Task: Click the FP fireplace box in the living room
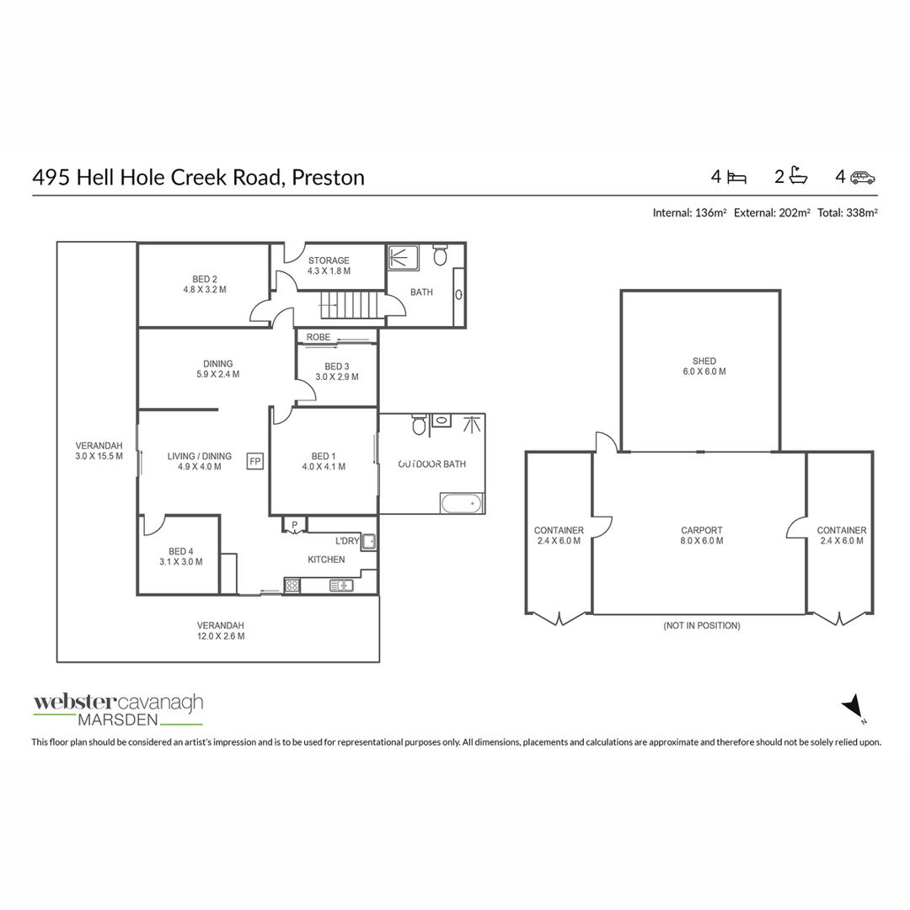click(x=255, y=462)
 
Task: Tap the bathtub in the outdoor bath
click(x=462, y=503)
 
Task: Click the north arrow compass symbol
click(x=852, y=707)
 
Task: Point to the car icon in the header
click(x=863, y=178)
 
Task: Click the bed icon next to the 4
click(x=736, y=177)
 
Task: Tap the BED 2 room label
click(x=205, y=279)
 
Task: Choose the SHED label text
click(x=704, y=361)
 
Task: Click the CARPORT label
click(x=702, y=531)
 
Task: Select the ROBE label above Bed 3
click(x=318, y=337)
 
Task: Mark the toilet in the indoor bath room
click(x=441, y=254)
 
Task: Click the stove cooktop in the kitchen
click(x=292, y=586)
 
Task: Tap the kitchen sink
click(x=341, y=586)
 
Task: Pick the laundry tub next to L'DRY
click(x=369, y=542)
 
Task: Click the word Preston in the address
click(x=328, y=178)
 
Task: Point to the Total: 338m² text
click(x=848, y=213)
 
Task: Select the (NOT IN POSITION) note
click(x=702, y=625)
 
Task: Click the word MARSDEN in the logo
click(x=118, y=720)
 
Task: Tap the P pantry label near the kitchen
click(x=294, y=525)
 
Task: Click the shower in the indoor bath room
click(x=403, y=258)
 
